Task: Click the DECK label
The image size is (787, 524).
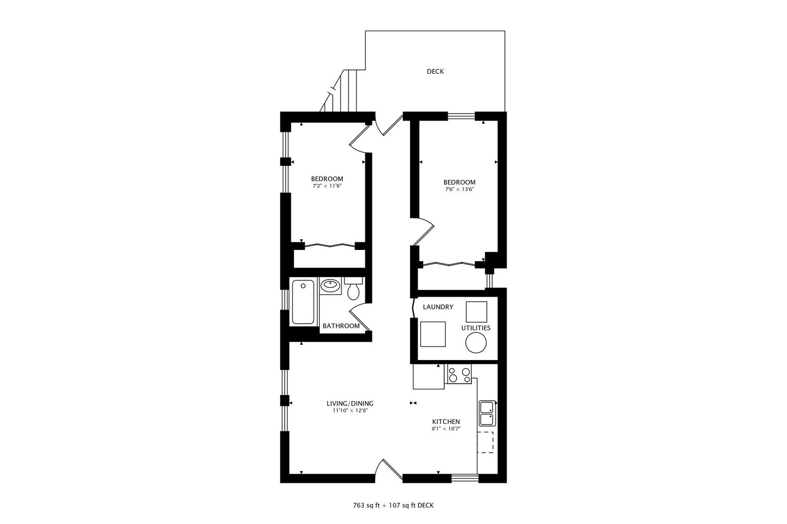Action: [x=435, y=72]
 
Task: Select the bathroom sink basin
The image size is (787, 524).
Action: [x=330, y=285]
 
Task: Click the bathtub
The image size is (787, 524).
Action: [x=303, y=302]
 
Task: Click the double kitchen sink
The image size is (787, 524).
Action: [x=487, y=413]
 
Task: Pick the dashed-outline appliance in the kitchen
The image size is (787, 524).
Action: [x=485, y=442]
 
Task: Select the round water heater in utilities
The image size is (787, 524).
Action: [x=476, y=343]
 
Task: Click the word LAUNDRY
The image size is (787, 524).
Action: [x=438, y=307]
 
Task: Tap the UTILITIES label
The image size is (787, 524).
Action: [x=476, y=328]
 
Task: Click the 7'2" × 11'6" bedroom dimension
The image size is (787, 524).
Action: [x=327, y=186]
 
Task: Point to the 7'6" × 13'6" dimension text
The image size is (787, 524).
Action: [x=460, y=190]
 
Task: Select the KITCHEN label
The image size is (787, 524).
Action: [x=446, y=422]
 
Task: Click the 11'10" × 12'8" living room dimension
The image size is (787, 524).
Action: [x=350, y=410]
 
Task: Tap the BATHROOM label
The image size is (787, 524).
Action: [x=341, y=326]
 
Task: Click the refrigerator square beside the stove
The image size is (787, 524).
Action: [x=428, y=377]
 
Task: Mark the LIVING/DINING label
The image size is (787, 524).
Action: [x=350, y=404]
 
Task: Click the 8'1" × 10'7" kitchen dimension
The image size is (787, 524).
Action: [x=446, y=428]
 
